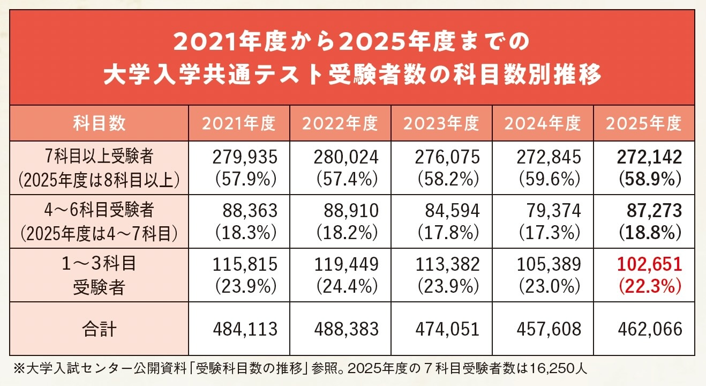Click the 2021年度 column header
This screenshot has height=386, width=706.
238,123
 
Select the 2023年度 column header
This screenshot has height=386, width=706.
441,123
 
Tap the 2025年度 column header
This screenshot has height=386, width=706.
643,123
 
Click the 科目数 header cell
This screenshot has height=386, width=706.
100,123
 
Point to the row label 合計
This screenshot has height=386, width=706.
100,329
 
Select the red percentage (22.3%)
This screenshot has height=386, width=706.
650,287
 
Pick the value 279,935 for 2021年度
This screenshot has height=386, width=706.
245,157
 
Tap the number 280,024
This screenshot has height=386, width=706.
346,157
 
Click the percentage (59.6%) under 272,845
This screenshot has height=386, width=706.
549,179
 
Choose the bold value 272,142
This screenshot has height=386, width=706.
649,157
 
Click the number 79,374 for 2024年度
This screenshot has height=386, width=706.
554,211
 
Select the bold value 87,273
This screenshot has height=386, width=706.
654,211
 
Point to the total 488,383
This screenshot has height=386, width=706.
346,329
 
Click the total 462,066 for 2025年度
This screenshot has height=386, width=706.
649,329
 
